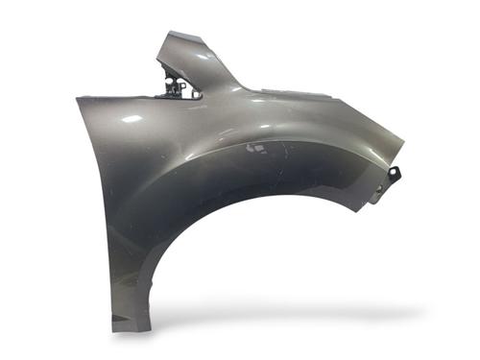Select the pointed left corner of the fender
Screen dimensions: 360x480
pyautogui.click(x=79, y=99)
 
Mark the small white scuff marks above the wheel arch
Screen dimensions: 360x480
pyautogui.click(x=257, y=149)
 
